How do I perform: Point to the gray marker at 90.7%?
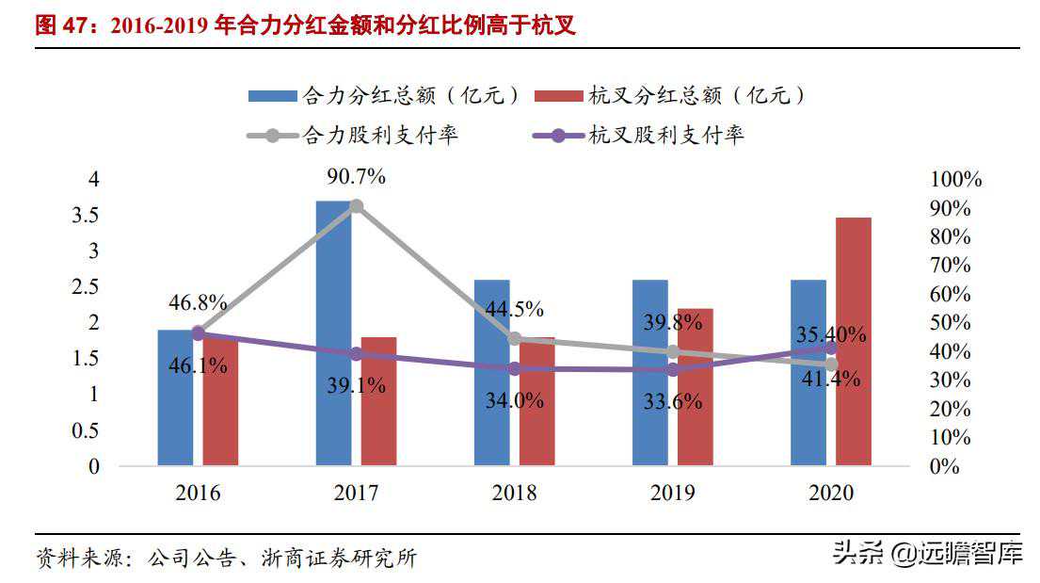(x=356, y=206)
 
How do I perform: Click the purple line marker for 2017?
(x=356, y=354)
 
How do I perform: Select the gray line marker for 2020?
(x=831, y=364)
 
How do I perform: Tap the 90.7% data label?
(x=356, y=177)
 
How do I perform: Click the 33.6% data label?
(x=673, y=401)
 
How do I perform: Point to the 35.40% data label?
(x=831, y=334)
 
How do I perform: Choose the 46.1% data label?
(x=198, y=365)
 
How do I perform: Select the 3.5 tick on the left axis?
(x=85, y=215)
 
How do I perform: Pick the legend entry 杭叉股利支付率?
(x=666, y=135)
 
